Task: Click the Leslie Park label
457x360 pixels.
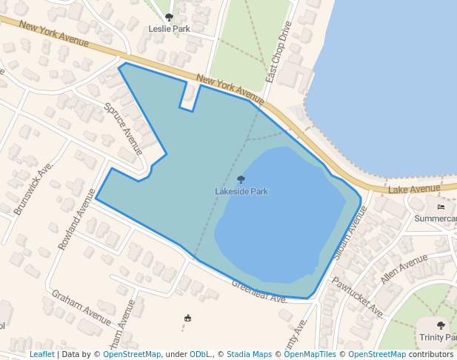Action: pyautogui.click(x=169, y=29)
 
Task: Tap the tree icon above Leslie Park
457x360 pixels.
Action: pyautogui.click(x=170, y=17)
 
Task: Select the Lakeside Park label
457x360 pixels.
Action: pyautogui.click(x=241, y=191)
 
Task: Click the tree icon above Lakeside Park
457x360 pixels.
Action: pyautogui.click(x=241, y=179)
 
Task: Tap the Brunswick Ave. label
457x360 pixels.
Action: pyautogui.click(x=34, y=189)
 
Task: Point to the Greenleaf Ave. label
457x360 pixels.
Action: pyautogui.click(x=259, y=292)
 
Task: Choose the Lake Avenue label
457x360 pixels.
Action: pyautogui.click(x=414, y=190)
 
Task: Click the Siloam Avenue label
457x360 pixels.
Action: pyautogui.click(x=351, y=231)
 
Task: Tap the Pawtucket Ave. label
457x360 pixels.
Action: pyautogui.click(x=357, y=296)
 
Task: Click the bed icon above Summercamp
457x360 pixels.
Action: pyautogui.click(x=441, y=207)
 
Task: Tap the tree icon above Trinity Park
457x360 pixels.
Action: pyautogui.click(x=441, y=325)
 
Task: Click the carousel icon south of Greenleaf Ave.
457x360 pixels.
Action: pyautogui.click(x=187, y=319)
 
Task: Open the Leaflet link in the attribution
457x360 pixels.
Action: pyautogui.click(x=41, y=354)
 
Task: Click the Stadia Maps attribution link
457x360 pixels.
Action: pyautogui.click(x=249, y=354)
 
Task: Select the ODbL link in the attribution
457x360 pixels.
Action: pyautogui.click(x=200, y=354)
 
